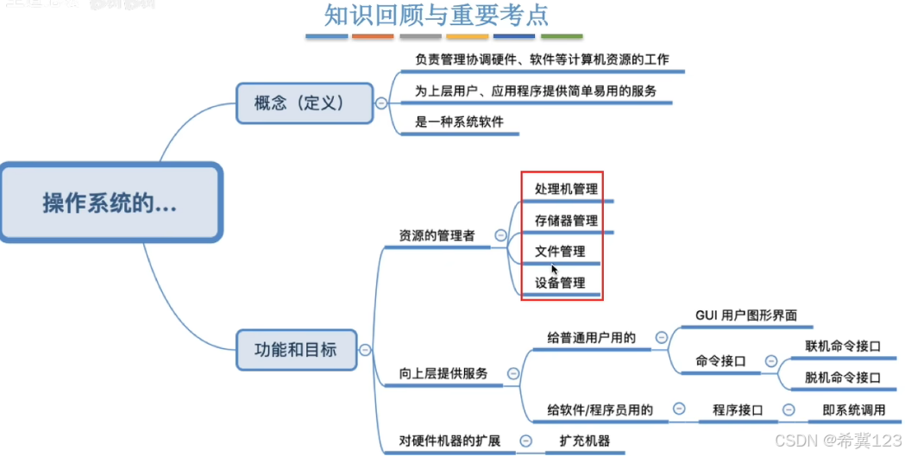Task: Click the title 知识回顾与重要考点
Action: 436,16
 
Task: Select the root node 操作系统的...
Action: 110,203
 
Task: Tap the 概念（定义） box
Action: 305,103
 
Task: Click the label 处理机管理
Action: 566,189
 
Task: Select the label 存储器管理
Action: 566,220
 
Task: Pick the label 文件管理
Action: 560,252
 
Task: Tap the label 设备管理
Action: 560,283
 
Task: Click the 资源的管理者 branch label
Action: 437,234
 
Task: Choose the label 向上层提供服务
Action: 443,373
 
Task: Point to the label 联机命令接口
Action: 843,347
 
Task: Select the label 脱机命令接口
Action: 843,378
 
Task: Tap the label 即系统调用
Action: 854,410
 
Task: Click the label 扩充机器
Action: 585,440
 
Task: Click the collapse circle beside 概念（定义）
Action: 380,103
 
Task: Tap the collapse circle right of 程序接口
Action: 788,410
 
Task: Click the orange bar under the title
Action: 373,37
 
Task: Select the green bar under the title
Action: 561,37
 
